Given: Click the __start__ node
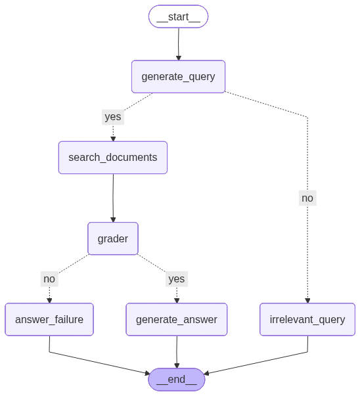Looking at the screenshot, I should click(x=178, y=16).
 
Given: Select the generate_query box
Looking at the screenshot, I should click(x=178, y=76).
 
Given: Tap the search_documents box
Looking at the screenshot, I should click(x=112, y=158).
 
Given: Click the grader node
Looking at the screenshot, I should click(x=112, y=238).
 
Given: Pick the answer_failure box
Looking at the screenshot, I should click(x=49, y=320).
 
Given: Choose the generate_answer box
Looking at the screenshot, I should click(x=176, y=320).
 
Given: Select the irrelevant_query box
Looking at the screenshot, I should click(x=307, y=320).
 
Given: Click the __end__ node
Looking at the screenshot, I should click(x=177, y=379).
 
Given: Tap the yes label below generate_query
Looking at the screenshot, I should click(x=112, y=117).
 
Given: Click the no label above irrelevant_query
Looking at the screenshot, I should click(x=307, y=198).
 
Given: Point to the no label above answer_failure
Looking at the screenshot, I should click(x=49, y=278).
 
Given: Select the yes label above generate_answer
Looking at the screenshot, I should click(x=176, y=278).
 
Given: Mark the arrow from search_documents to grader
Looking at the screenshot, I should click(x=113, y=197).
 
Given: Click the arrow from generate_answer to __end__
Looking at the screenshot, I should click(x=177, y=351).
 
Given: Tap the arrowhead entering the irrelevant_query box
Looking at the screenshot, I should click(x=307, y=301).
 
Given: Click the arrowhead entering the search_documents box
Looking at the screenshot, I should click(x=113, y=139).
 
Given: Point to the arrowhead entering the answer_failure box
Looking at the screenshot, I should click(x=49, y=301).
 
